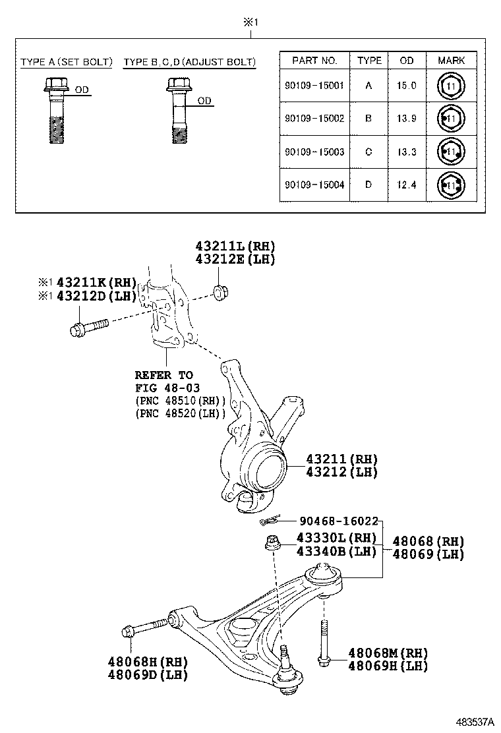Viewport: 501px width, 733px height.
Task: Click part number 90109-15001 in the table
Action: pos(314,86)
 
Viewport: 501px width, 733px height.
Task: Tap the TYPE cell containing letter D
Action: pos(368,185)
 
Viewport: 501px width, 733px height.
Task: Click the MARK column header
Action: pos(451,61)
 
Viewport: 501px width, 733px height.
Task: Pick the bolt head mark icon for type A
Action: pos(452,86)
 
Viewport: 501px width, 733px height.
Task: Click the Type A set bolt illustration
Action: pos(56,111)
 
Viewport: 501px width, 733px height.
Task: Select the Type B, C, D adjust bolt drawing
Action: pos(177,111)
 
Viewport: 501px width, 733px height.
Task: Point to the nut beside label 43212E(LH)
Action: pos(220,291)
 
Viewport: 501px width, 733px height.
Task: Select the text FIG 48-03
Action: pos(167,388)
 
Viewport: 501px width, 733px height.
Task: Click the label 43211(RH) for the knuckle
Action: pos(341,459)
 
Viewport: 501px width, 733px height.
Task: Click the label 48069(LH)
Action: pos(428,554)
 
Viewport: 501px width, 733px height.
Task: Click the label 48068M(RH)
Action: pos(388,653)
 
